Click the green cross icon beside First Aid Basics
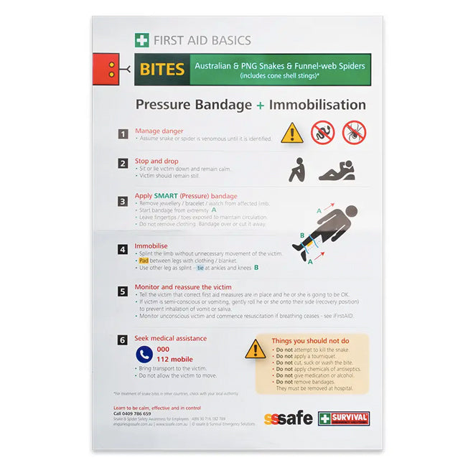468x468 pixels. tap(142, 40)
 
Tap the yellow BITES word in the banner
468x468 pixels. tap(162, 70)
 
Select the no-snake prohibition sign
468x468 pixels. tap(323, 132)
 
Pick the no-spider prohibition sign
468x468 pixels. tap(354, 132)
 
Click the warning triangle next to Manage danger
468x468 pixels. tap(291, 133)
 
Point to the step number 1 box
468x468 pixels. tap(123, 134)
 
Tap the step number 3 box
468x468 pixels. tap(123, 202)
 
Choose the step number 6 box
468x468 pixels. tap(123, 340)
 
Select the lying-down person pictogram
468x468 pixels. tap(336, 171)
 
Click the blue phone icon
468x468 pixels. tap(144, 354)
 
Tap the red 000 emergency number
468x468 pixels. tap(163, 349)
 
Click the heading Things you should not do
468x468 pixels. tap(310, 341)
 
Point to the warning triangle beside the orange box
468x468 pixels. tap(256, 350)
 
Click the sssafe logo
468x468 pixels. tap(289, 418)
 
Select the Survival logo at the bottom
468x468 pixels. tap(344, 418)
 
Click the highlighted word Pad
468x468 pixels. tap(144, 261)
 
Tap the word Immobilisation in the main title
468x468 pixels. tap(317, 105)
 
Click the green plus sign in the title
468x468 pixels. tap(259, 106)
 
